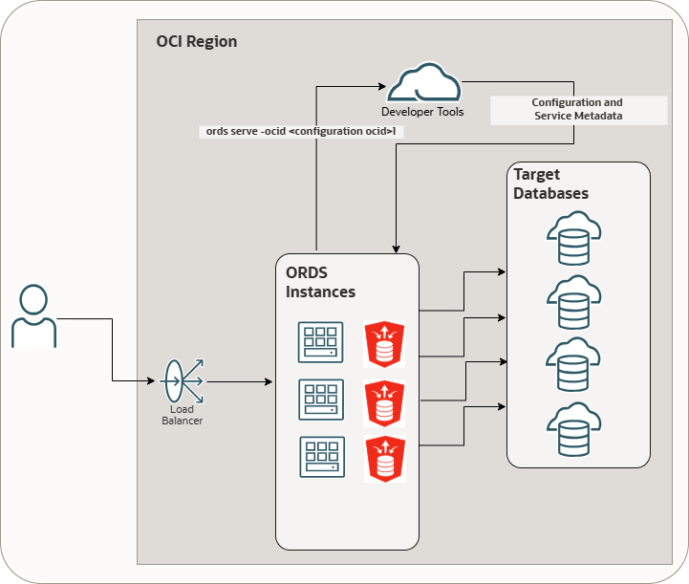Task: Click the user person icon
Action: tap(33, 315)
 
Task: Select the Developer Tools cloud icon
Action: tap(422, 83)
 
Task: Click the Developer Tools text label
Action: tap(422, 112)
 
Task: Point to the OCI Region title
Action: tap(196, 42)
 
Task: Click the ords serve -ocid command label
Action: tap(300, 132)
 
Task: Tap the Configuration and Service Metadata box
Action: tap(577, 109)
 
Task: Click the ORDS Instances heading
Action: tap(320, 282)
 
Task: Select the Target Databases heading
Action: tap(550, 184)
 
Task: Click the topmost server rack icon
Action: tap(319, 342)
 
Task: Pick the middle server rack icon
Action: tap(319, 400)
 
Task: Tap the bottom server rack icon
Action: tap(319, 457)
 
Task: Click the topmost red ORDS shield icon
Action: tap(383, 343)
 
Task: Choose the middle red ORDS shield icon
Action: tap(383, 401)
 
